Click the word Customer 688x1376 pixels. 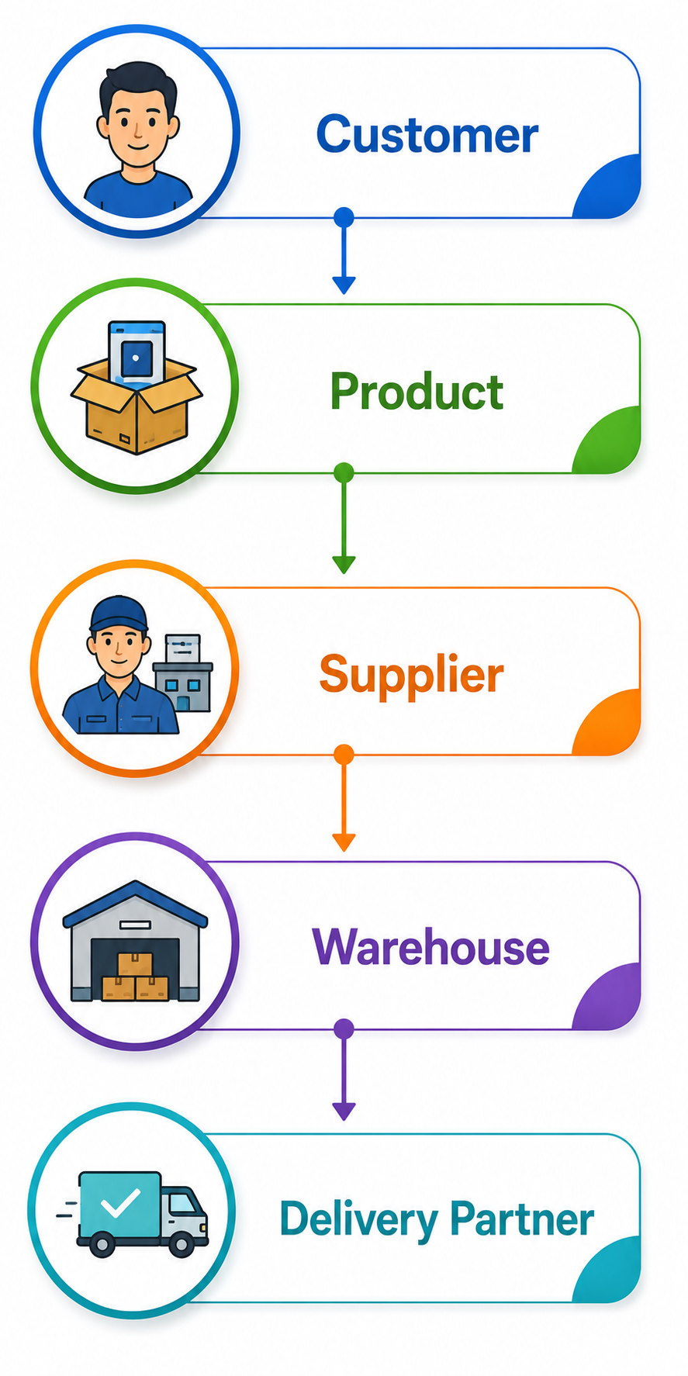[427, 134]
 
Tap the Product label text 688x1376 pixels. [417, 391]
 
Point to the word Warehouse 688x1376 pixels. [430, 947]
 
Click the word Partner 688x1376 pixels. [522, 1219]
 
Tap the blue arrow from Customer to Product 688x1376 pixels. [344, 251]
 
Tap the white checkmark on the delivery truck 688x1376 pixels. [120, 1203]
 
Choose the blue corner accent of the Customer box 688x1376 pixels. [608, 186]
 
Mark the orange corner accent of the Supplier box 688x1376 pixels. [608, 722]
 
